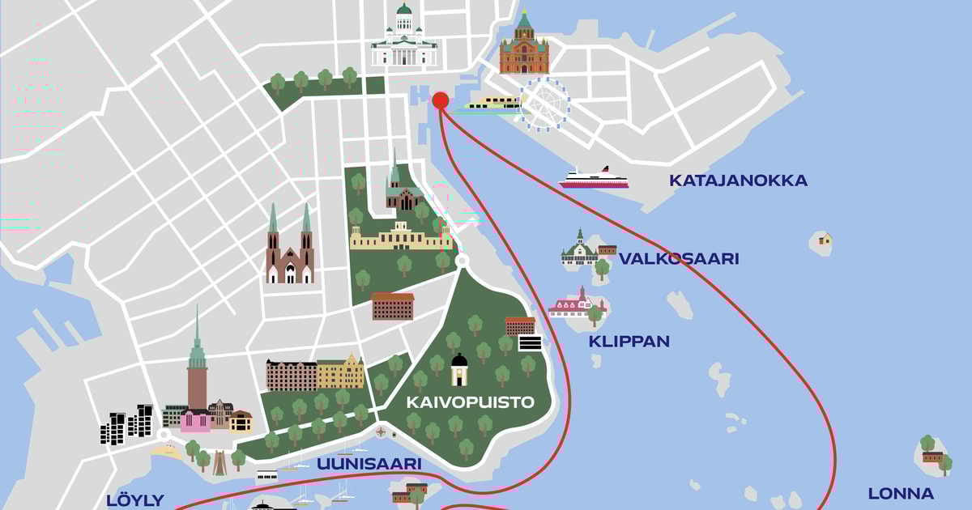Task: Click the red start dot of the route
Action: tap(440, 100)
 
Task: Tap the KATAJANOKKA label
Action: tap(738, 181)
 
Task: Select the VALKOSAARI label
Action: tap(679, 259)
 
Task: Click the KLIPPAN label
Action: tap(629, 342)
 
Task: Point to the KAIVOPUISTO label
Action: tap(471, 402)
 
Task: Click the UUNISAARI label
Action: tap(369, 464)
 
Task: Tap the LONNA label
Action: tap(901, 493)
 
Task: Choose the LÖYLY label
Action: tap(135, 500)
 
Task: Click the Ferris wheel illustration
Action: tap(544, 104)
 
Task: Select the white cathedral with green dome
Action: tap(403, 38)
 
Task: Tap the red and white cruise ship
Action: tap(594, 179)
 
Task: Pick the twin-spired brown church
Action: tap(289, 247)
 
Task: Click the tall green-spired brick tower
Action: tap(197, 364)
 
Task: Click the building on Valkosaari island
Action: tap(581, 250)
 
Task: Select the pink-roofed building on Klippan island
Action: tap(575, 304)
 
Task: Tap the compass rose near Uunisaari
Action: tap(381, 432)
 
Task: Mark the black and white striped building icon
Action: tap(530, 343)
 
